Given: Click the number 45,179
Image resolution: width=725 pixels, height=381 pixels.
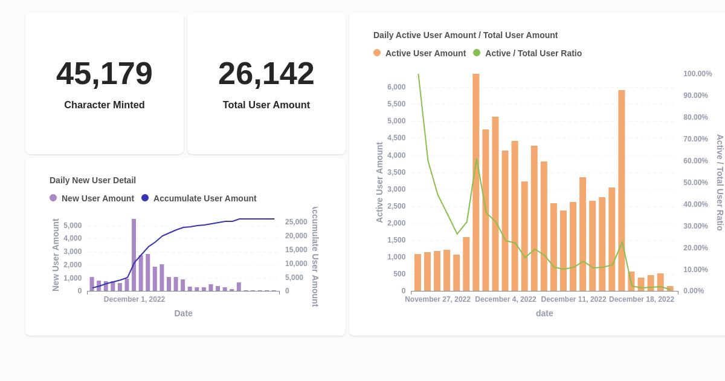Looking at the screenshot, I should (105, 73).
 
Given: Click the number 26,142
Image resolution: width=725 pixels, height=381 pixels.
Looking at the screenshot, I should (266, 73).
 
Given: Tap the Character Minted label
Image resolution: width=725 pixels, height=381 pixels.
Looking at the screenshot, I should (105, 105).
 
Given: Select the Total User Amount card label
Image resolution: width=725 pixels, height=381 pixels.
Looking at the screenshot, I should (266, 105).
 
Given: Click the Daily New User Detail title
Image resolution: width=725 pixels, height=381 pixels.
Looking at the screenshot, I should (92, 180).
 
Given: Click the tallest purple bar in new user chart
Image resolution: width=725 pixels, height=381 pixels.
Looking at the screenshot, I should (134, 254).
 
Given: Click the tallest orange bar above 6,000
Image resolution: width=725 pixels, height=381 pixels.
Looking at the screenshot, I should (476, 181).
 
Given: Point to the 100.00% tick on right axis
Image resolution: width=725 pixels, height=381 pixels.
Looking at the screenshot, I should (698, 74).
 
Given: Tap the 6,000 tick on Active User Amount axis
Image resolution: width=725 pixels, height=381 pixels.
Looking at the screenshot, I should (396, 87).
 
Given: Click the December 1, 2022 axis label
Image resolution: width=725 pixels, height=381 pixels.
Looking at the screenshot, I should (134, 299).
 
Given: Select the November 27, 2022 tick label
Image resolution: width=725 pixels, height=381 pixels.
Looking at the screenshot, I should (437, 299).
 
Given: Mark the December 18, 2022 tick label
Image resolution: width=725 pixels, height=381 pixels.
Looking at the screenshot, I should (642, 299).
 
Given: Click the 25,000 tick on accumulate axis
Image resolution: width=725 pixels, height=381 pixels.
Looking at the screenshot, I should (296, 222).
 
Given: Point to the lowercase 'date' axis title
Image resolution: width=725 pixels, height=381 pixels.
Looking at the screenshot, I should (544, 313).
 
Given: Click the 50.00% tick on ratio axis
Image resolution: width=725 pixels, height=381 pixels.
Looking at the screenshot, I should (695, 183).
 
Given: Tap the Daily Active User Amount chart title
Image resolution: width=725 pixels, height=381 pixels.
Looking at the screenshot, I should (465, 35).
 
